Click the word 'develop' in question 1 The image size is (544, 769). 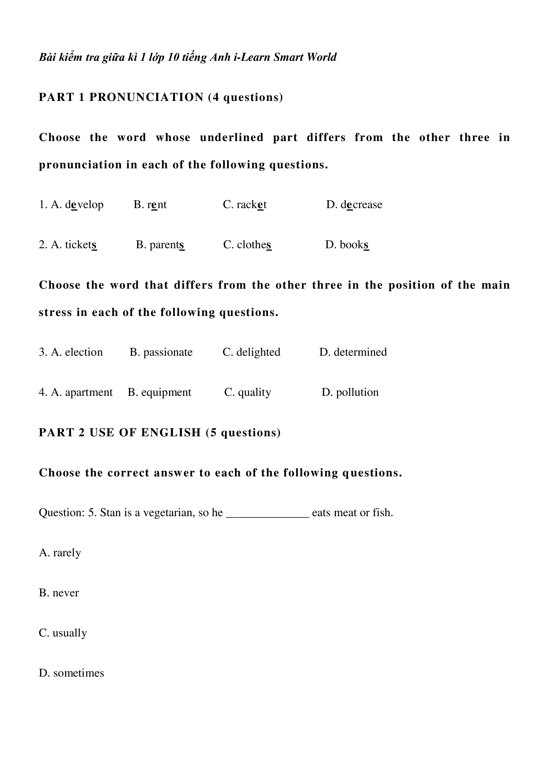[84, 204]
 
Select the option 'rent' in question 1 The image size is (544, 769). [157, 204]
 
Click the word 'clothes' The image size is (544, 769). [254, 245]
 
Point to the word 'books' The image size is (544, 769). [354, 245]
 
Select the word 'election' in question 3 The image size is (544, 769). [84, 352]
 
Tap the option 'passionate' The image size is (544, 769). [168, 352]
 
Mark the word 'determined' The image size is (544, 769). [360, 352]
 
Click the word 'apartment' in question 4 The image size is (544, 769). [89, 392]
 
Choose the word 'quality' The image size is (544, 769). [254, 392]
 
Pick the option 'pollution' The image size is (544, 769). [357, 392]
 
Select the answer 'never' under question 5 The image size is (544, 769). [66, 593]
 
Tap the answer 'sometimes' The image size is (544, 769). [78, 673]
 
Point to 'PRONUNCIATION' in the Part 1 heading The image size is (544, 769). [146, 97]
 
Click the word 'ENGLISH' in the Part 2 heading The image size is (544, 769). [171, 432]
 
